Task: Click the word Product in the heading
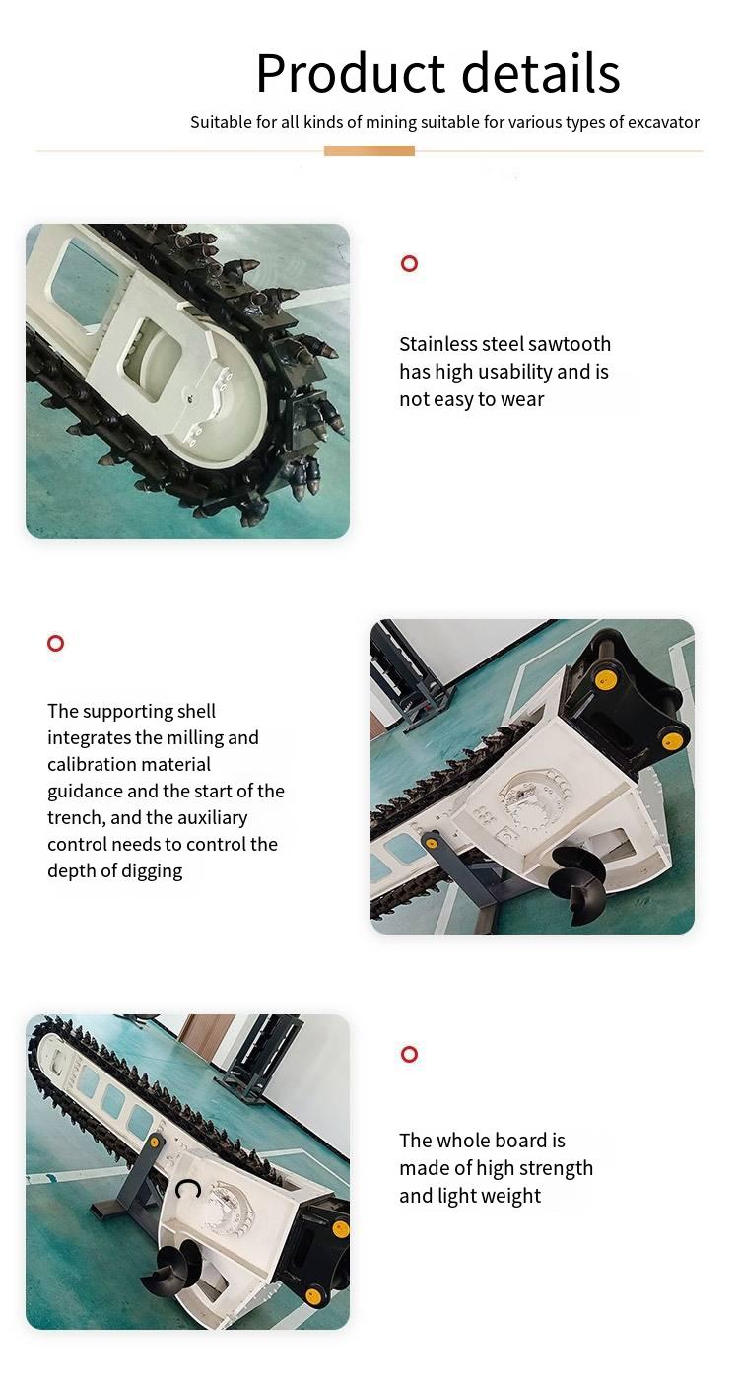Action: pyautogui.click(x=351, y=74)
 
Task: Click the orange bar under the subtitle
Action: pyautogui.click(x=369, y=151)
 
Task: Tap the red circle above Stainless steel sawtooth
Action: pyautogui.click(x=409, y=263)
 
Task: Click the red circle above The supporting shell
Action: pyautogui.click(x=55, y=643)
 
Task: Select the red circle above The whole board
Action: pyautogui.click(x=409, y=1054)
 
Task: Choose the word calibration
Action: pyautogui.click(x=87, y=764)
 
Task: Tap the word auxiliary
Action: pyautogui.click(x=212, y=818)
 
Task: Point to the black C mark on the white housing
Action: pyautogui.click(x=186, y=1189)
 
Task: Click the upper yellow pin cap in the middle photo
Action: pyautogui.click(x=603, y=680)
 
